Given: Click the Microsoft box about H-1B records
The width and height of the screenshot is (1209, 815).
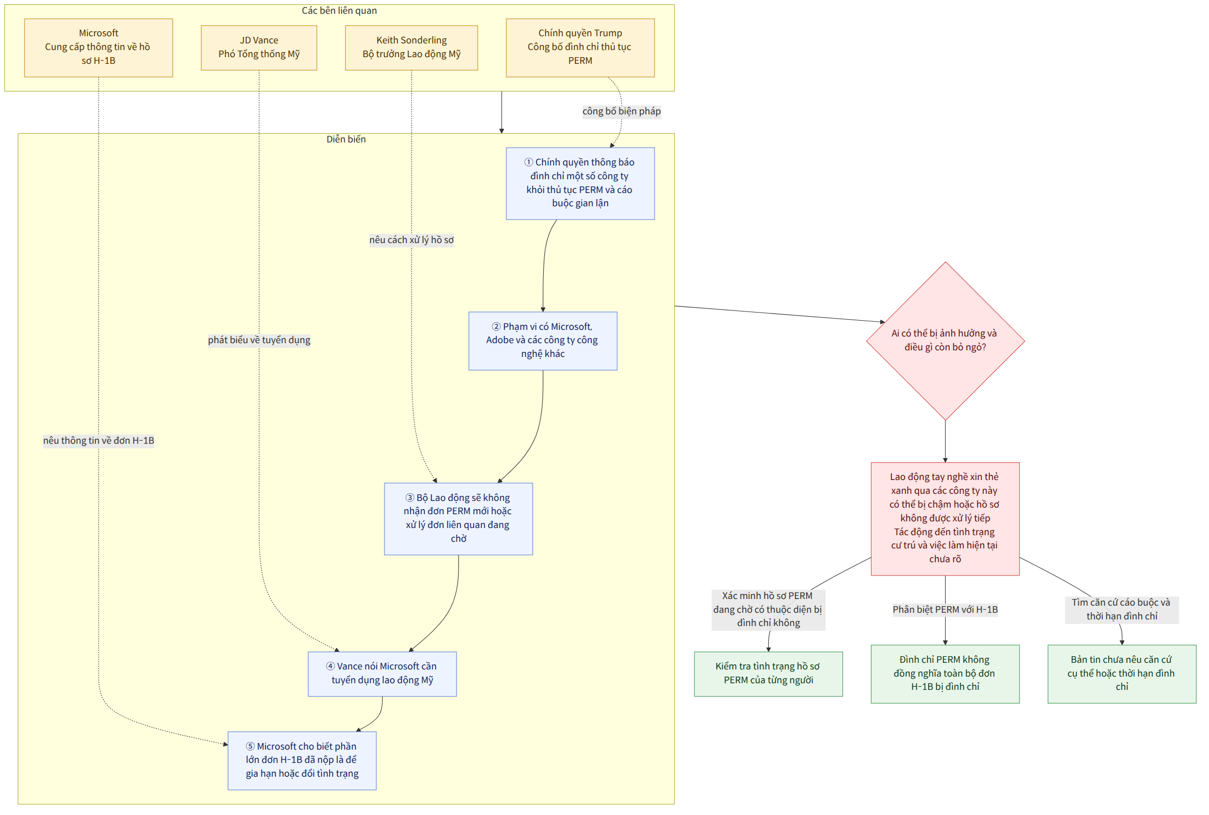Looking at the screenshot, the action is (x=98, y=47).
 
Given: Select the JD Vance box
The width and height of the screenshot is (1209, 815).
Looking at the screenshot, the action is (x=259, y=47).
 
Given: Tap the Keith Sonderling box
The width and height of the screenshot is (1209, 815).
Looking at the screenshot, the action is (x=411, y=47).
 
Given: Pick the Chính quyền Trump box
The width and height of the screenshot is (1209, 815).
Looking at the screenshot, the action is (x=580, y=47).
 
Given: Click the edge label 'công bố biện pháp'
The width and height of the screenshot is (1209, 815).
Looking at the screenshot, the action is (x=621, y=111).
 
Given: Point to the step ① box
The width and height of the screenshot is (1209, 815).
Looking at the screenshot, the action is (x=580, y=183).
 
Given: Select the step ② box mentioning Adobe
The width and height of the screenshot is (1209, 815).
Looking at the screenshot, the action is (x=542, y=341).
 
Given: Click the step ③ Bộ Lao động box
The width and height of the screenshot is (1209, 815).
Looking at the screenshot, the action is (x=458, y=518).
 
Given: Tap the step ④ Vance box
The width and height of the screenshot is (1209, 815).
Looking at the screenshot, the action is (x=382, y=674).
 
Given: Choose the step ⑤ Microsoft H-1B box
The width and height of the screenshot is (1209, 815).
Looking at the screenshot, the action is (x=302, y=760).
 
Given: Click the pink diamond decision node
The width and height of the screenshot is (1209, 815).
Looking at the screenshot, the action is (x=945, y=341).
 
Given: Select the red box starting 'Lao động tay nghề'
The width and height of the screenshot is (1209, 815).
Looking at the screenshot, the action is (x=945, y=518).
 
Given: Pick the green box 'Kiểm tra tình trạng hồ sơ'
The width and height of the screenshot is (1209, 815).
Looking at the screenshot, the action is (x=768, y=674).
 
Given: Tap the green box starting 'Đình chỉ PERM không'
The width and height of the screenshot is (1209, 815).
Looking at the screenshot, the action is (x=945, y=674).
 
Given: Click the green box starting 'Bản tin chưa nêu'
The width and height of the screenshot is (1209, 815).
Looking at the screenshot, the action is (x=1122, y=674).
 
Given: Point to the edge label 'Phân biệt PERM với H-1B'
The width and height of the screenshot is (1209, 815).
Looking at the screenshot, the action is (x=945, y=609).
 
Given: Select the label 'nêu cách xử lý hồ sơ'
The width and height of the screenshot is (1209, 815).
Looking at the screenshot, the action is (x=411, y=239).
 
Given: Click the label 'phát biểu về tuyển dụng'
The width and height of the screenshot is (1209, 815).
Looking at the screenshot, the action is (x=259, y=340).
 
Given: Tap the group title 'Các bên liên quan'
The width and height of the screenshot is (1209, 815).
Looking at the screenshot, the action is (x=340, y=10).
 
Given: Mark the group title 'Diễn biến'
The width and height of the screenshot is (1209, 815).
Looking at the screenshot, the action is (x=346, y=139).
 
